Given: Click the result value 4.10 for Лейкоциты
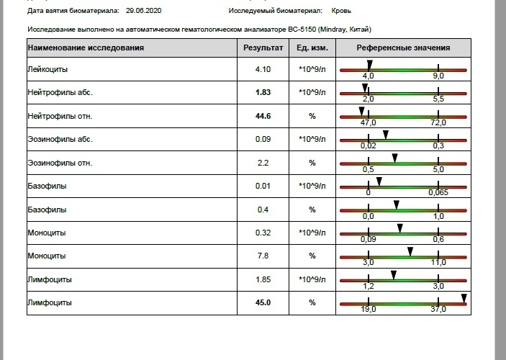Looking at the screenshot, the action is point(263,69).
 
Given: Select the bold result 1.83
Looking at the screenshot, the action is point(263,92).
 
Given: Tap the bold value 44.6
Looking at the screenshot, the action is point(263,116).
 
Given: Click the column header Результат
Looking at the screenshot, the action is point(263,48).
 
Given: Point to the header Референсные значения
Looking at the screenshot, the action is point(403,48).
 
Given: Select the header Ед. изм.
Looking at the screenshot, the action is point(312,48).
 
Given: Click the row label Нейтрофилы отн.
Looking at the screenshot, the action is point(60,116).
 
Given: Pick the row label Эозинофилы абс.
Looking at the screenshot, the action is point(60,139).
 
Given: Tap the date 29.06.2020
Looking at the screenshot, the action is point(144,11).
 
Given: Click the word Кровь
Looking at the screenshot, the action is point(341,11).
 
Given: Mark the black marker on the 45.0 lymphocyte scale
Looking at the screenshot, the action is point(464,298).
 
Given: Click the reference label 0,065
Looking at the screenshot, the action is point(438,192).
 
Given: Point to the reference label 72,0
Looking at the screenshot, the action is point(438,122).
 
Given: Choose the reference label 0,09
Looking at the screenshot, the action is point(369,239).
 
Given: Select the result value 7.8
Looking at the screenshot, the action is point(263,256).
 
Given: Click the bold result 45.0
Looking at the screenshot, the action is point(263,302).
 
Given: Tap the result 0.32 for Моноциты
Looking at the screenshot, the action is point(263,233).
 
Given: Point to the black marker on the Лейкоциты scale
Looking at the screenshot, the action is point(370,65).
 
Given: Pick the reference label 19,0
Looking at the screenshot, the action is point(369,309).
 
